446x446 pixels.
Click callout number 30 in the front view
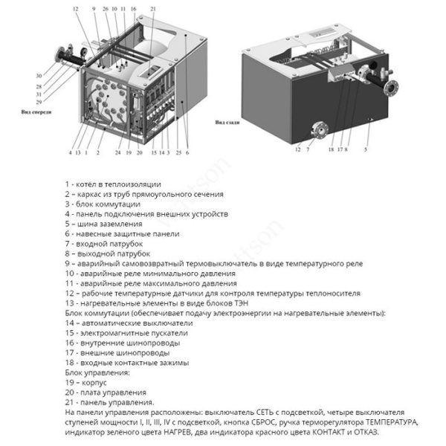click(x=39, y=76)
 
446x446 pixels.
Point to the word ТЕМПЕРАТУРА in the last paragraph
click(x=372, y=421)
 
